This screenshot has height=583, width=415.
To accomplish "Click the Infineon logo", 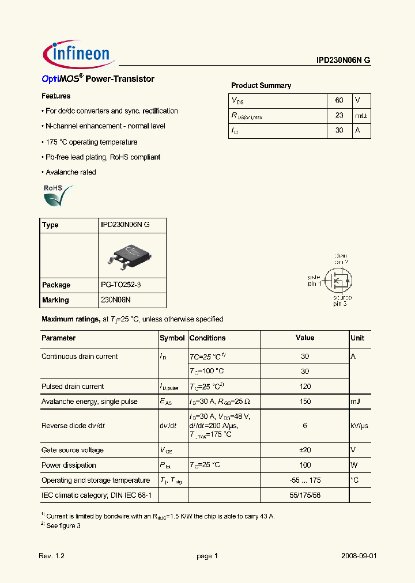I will pos(80,54).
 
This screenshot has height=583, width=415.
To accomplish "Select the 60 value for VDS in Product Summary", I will pos(339,100).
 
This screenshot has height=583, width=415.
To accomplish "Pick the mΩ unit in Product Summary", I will pos(360,115).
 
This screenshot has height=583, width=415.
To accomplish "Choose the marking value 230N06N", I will pos(116,300).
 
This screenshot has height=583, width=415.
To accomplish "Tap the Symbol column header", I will pos(172,338).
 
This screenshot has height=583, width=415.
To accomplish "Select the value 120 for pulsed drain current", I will pos(305,387).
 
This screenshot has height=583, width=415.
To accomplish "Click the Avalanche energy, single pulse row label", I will pos(89,402).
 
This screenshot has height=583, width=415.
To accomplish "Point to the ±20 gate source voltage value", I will pos(305,450).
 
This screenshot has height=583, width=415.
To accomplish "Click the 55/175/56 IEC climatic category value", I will pos(305,495).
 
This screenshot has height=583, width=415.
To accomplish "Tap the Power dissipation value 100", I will pos(305,465).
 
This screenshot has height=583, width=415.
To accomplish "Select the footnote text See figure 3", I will pos(63,525).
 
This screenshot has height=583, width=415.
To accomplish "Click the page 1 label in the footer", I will pos(207,556).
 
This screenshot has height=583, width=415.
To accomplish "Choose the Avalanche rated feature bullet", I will pos(69,172).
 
